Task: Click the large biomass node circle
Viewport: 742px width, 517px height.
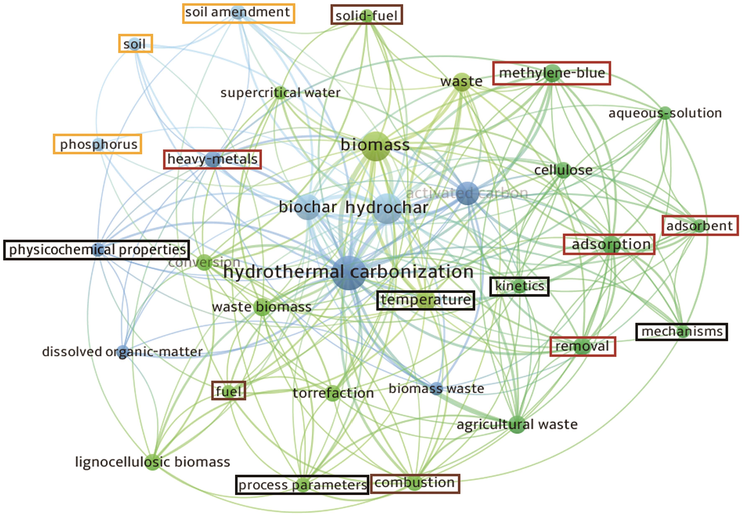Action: (x=375, y=146)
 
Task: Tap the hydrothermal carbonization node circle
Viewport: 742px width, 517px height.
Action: (x=349, y=273)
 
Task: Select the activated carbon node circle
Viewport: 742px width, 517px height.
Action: (x=467, y=193)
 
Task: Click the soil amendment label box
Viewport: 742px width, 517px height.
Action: (x=239, y=13)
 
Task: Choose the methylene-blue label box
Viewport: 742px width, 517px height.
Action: (x=551, y=73)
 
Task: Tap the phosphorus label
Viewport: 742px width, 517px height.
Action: (x=98, y=144)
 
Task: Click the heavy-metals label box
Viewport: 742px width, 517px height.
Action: (x=212, y=159)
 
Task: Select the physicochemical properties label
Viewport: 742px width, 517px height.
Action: (x=96, y=250)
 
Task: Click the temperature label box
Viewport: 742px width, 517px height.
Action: (x=425, y=300)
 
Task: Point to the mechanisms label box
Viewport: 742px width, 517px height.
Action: (x=681, y=332)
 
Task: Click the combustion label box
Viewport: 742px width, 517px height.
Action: (x=415, y=483)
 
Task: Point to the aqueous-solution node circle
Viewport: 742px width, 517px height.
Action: (x=665, y=113)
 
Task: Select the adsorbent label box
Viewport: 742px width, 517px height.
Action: (x=700, y=226)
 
